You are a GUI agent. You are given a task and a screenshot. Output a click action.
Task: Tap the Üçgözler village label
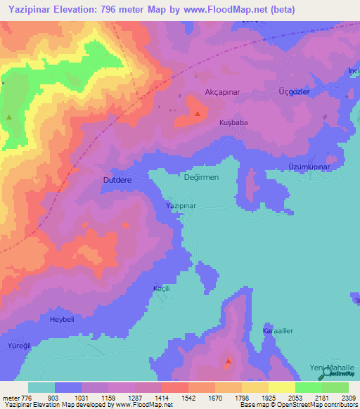click(x=295, y=92)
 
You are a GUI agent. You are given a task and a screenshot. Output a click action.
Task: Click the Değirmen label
click(x=201, y=177)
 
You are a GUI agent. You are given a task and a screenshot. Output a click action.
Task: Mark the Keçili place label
click(x=162, y=289)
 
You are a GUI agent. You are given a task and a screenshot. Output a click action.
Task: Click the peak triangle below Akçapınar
click(x=198, y=112)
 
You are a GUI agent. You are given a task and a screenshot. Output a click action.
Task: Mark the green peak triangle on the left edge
click(x=8, y=117)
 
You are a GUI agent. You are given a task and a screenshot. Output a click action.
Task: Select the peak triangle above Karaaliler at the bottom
click(x=228, y=362)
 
